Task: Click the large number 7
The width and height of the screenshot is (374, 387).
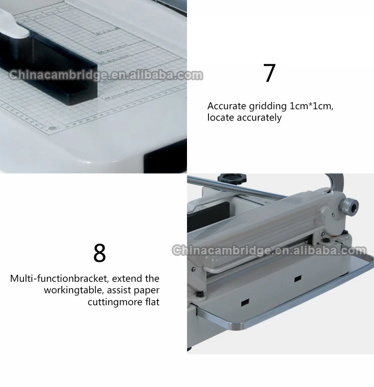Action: point(269,73)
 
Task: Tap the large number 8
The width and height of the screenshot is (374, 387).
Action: point(100,253)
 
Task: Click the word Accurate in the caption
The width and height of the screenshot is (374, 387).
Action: point(226,106)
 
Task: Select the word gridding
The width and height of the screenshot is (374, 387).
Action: point(268,106)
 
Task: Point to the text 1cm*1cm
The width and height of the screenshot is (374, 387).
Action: point(311,106)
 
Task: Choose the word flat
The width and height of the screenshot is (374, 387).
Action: point(152,302)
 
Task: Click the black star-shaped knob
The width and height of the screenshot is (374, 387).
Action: point(232,178)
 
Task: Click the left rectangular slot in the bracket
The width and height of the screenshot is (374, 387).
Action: point(245,302)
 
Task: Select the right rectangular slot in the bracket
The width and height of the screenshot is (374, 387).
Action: point(298,279)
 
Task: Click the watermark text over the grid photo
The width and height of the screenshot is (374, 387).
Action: point(106,75)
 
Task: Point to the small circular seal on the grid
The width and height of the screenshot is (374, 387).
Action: point(51,129)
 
